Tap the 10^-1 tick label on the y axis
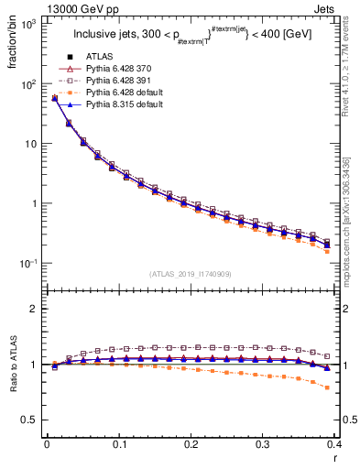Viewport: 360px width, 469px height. (x=28, y=264)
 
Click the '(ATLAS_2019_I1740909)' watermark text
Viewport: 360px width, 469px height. (x=191, y=274)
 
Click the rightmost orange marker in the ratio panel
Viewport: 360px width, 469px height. (x=327, y=387)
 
